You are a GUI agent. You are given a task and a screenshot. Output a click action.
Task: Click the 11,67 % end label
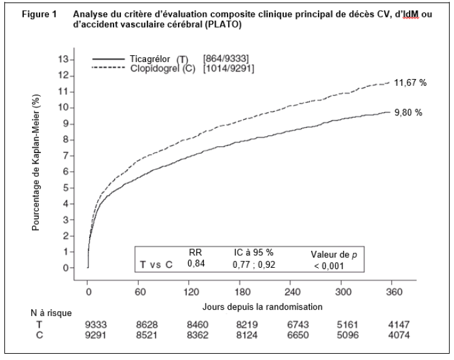click(x=409, y=83)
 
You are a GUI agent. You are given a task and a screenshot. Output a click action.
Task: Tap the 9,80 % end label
click(x=408, y=113)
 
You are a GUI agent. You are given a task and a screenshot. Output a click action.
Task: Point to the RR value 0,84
click(x=196, y=264)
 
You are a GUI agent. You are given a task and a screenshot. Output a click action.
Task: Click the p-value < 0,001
click(x=328, y=265)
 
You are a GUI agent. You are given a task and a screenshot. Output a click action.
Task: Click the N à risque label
click(x=51, y=313)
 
